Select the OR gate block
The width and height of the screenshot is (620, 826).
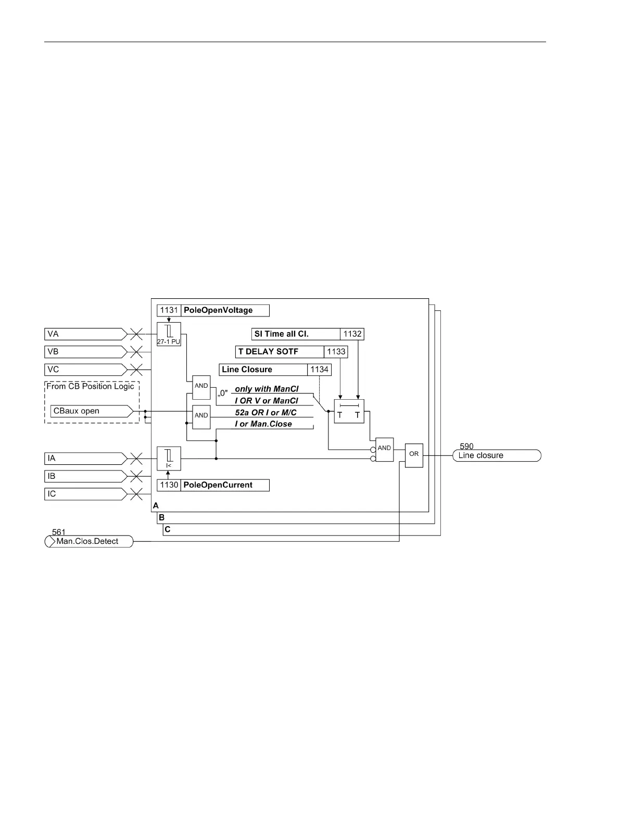click(414, 455)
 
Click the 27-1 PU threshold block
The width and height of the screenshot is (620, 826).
click(169, 334)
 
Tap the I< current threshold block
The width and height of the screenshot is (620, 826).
click(169, 458)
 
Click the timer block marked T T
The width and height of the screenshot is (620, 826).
click(349, 411)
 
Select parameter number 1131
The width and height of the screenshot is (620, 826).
click(169, 310)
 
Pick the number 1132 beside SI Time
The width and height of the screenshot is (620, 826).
click(352, 334)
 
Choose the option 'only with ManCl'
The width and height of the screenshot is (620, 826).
click(267, 389)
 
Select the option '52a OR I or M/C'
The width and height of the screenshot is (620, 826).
click(265, 412)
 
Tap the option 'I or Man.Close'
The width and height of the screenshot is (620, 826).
click(263, 424)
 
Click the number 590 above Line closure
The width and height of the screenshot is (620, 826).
click(466, 447)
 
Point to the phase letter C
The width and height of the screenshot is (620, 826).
click(168, 529)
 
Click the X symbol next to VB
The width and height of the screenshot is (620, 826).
click(136, 352)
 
